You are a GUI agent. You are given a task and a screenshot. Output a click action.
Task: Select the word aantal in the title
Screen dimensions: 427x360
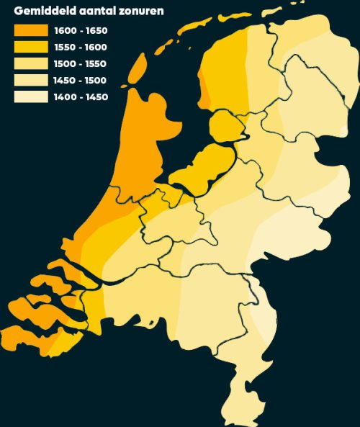coord(99,11)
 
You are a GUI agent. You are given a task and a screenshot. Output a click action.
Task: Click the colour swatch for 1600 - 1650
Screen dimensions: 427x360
coord(29,31)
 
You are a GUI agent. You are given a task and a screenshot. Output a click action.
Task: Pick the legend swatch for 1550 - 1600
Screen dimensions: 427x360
coord(29,48)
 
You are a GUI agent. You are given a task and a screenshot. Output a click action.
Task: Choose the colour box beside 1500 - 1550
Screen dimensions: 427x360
coord(29,64)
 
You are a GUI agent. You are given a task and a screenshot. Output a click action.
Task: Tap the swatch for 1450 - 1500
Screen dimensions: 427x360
coord(29,81)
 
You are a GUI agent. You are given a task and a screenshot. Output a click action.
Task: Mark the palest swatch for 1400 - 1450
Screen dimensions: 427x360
coord(29,96)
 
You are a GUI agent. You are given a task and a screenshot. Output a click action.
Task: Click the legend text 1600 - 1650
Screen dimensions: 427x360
coord(81,31)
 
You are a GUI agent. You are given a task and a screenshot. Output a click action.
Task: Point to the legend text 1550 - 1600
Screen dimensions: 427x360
coord(81,48)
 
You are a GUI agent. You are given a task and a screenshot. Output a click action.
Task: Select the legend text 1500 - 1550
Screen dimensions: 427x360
coord(81,64)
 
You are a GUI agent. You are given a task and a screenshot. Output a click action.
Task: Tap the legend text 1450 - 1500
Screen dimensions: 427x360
coord(81,81)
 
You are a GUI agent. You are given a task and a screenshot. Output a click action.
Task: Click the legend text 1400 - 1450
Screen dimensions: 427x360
coord(81,96)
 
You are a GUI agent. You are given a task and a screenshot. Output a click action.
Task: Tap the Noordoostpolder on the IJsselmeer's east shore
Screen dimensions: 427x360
coord(227,128)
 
